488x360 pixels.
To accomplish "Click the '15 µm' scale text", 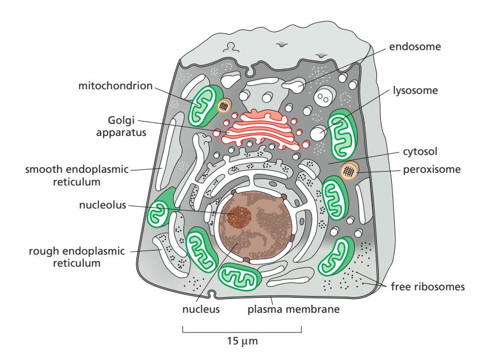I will (242, 342).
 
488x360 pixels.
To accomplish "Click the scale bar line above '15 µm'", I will (242, 332).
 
